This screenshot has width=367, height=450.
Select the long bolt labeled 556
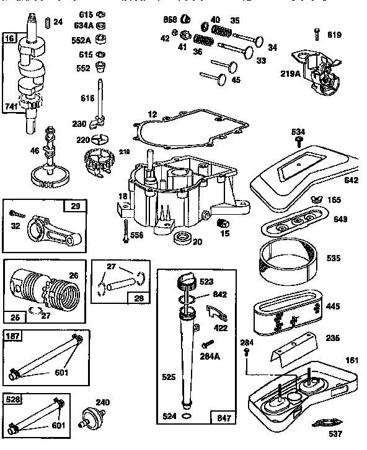tap(126, 231)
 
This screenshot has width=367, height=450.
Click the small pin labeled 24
tap(46, 22)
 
